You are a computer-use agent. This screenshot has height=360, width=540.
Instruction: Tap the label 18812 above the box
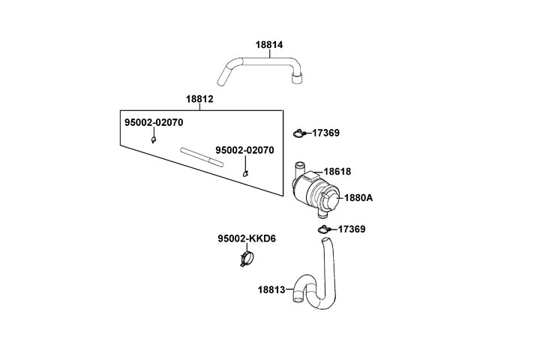tap(200, 99)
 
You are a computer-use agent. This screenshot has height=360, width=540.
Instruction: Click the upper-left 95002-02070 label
tap(154, 121)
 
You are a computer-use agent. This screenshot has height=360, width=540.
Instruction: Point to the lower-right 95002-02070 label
tap(244, 150)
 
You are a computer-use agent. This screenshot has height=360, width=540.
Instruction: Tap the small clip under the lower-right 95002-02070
tap(245, 174)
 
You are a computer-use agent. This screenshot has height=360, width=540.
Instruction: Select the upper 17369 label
tap(325, 133)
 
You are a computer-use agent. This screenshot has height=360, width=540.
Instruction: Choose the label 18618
tap(337, 172)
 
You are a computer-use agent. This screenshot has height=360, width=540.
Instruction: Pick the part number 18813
tap(271, 289)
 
